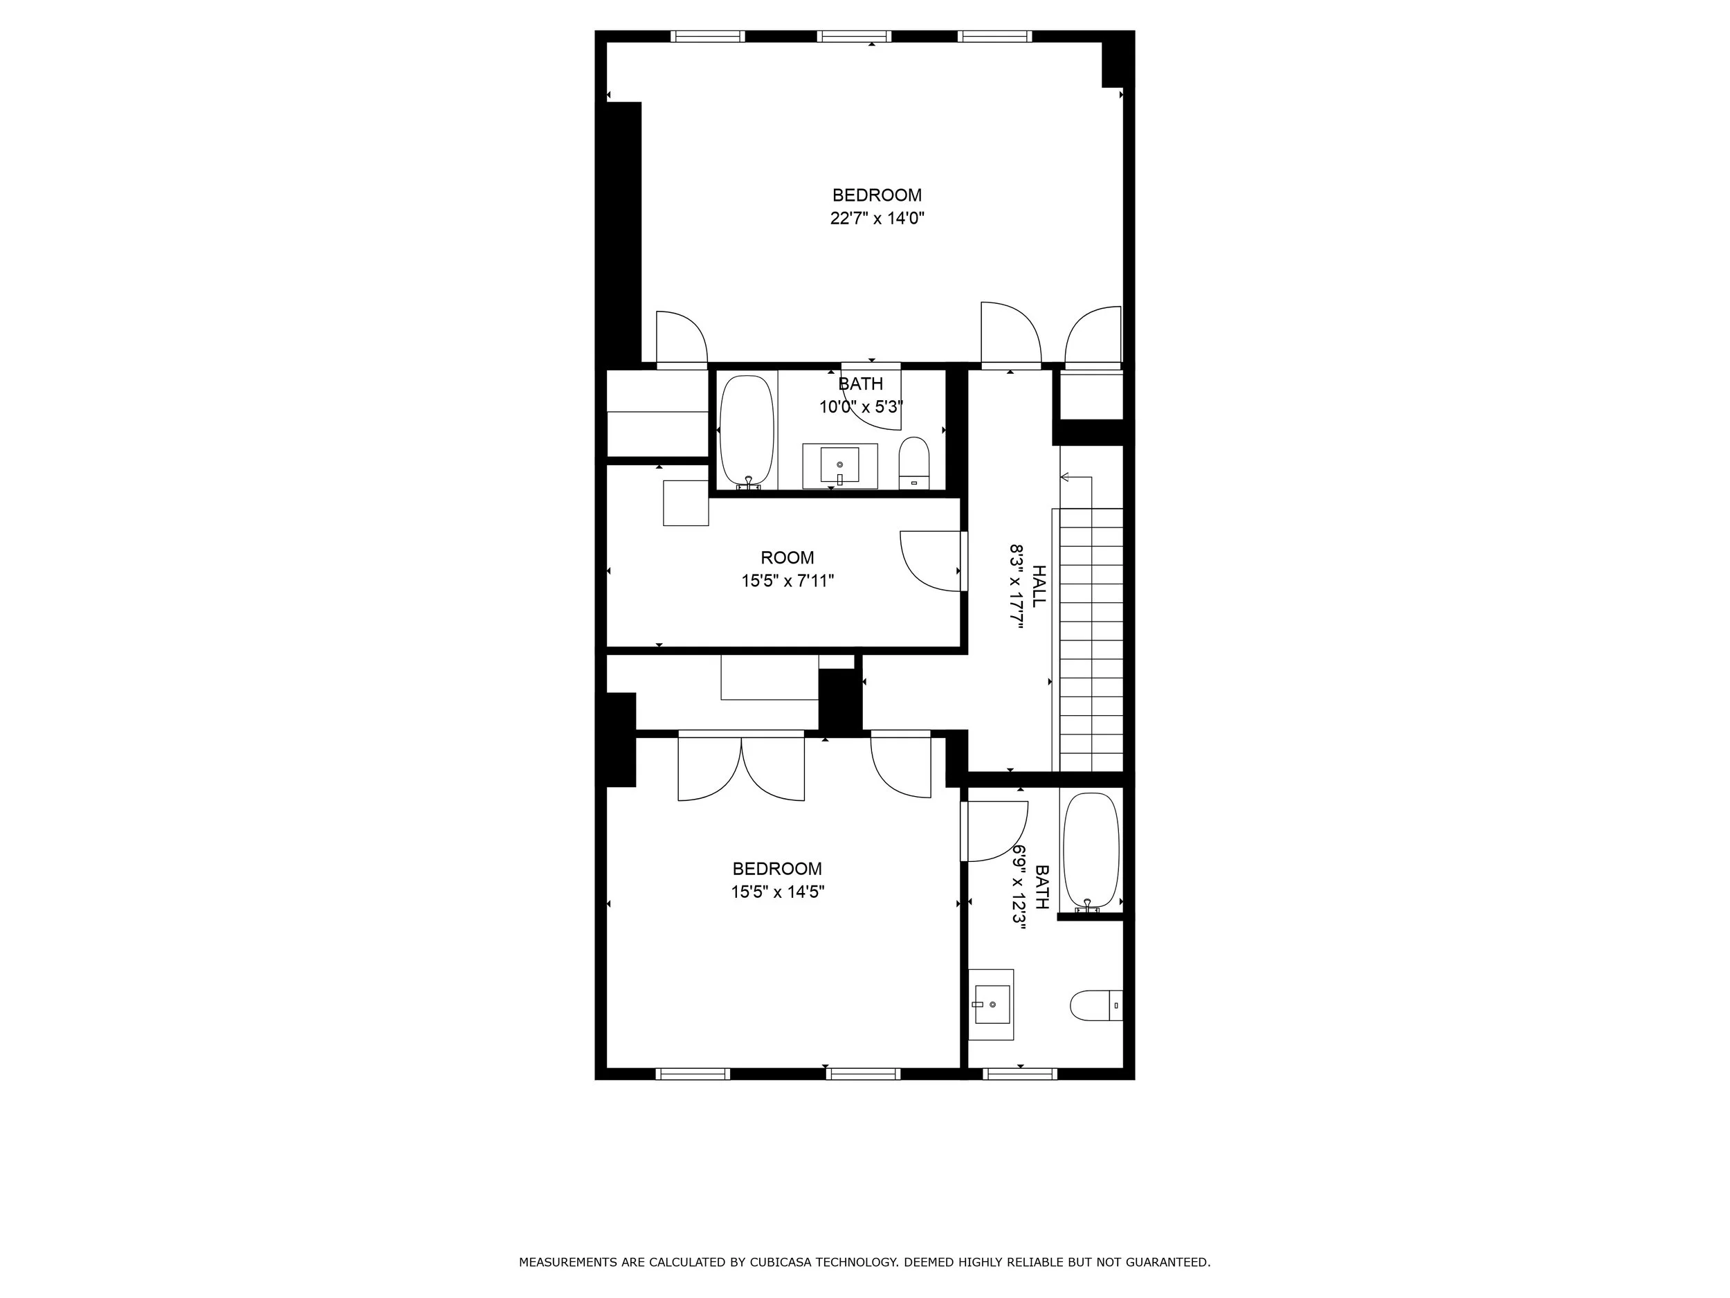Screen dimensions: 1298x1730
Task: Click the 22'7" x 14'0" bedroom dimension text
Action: (x=877, y=218)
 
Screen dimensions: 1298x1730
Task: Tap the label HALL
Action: (x=1039, y=586)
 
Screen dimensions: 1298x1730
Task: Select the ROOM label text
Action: (x=787, y=558)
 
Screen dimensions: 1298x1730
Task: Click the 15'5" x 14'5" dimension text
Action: (x=777, y=891)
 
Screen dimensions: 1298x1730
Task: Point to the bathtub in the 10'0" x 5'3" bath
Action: (x=746, y=431)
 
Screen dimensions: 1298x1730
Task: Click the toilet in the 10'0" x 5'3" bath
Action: (x=913, y=463)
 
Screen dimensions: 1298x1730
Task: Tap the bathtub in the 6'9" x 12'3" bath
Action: (x=1091, y=851)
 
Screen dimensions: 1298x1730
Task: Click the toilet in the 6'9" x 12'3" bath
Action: (x=1095, y=1005)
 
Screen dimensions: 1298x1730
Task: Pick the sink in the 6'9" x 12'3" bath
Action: (x=991, y=1004)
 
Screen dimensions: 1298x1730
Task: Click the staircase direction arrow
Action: (x=1065, y=477)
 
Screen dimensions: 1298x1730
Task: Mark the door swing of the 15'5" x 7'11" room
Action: (x=931, y=561)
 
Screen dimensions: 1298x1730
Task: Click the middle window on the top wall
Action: (x=853, y=36)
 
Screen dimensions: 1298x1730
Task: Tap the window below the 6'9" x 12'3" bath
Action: (x=1020, y=1074)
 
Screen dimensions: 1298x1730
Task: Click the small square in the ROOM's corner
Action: (x=686, y=503)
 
